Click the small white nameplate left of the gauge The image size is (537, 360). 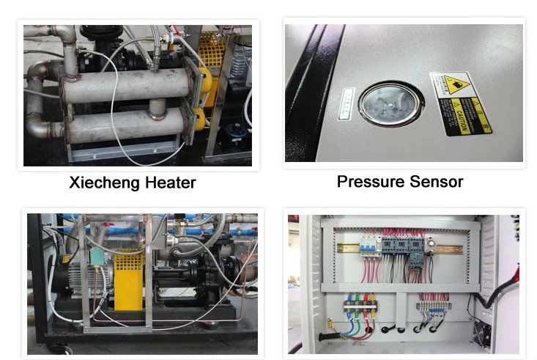coord(347,103)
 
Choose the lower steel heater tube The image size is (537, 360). coord(125,125)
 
